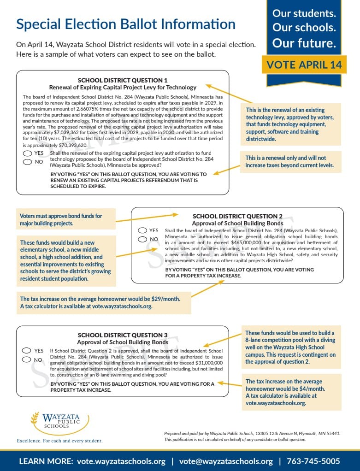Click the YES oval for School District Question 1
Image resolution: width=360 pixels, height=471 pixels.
[x=27, y=153]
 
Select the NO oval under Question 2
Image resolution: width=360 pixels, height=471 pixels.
[x=142, y=239]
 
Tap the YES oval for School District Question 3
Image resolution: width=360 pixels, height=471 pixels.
[x=27, y=351]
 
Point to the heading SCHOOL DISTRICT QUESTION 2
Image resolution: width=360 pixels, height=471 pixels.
[x=237, y=216]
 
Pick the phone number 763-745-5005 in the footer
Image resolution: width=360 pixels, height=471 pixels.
[x=313, y=461]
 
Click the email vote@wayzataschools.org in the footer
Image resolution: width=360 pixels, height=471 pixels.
[x=226, y=461]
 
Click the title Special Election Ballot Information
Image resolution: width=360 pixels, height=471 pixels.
[x=126, y=24]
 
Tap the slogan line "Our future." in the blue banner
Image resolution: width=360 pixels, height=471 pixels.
[x=304, y=43]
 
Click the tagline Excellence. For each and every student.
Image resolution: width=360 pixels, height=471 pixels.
[x=60, y=441]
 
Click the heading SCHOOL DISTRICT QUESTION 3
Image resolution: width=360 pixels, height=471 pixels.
[x=123, y=335]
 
